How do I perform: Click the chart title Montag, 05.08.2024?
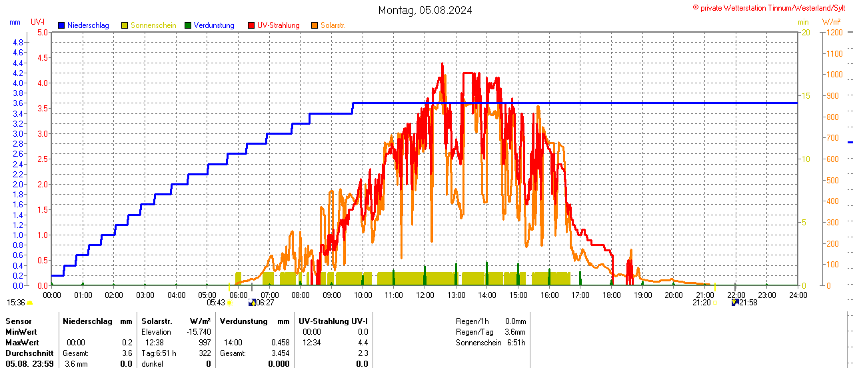(425, 10)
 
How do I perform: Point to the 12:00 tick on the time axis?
(425, 295)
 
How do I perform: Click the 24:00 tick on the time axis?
(797, 295)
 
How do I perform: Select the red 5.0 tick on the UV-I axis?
(42, 32)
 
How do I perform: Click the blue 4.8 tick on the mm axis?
(18, 42)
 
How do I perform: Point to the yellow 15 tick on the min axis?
(806, 95)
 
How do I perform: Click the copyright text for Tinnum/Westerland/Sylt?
(772, 7)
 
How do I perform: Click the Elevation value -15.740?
(199, 331)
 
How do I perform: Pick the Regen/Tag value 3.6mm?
(514, 331)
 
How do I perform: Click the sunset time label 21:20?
(701, 302)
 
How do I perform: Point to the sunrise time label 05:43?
(215, 302)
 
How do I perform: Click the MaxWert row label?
(23, 342)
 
